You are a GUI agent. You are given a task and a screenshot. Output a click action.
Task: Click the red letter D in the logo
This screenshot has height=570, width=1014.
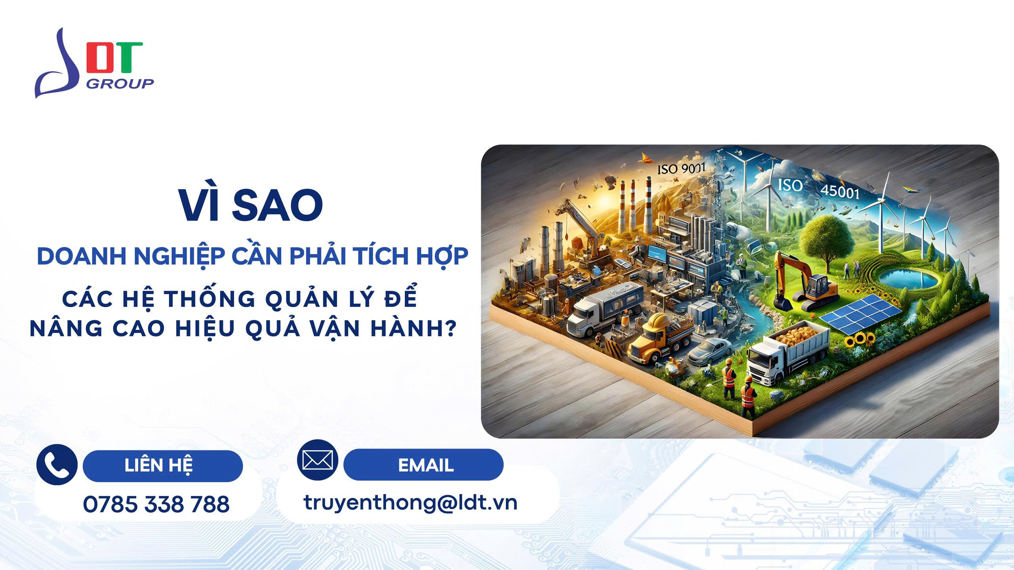pos(99,57)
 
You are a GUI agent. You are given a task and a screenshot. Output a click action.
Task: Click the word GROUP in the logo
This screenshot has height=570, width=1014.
pos(120,84)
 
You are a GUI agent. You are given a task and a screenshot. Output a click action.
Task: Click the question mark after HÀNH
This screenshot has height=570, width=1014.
pos(449,328)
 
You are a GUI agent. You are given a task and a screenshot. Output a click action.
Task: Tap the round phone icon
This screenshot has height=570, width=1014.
pos(57,465)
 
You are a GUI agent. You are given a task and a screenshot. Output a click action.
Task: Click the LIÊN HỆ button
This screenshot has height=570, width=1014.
pos(162,466)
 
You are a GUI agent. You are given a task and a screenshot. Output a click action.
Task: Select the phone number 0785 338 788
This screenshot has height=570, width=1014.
pos(156,504)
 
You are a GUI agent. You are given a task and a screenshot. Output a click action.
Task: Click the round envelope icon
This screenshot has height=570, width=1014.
pos(317,460)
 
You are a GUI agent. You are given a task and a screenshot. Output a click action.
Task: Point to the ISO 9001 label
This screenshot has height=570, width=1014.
pos(681,169)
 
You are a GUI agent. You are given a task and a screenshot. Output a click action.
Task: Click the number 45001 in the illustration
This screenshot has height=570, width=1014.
pos(840,192)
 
